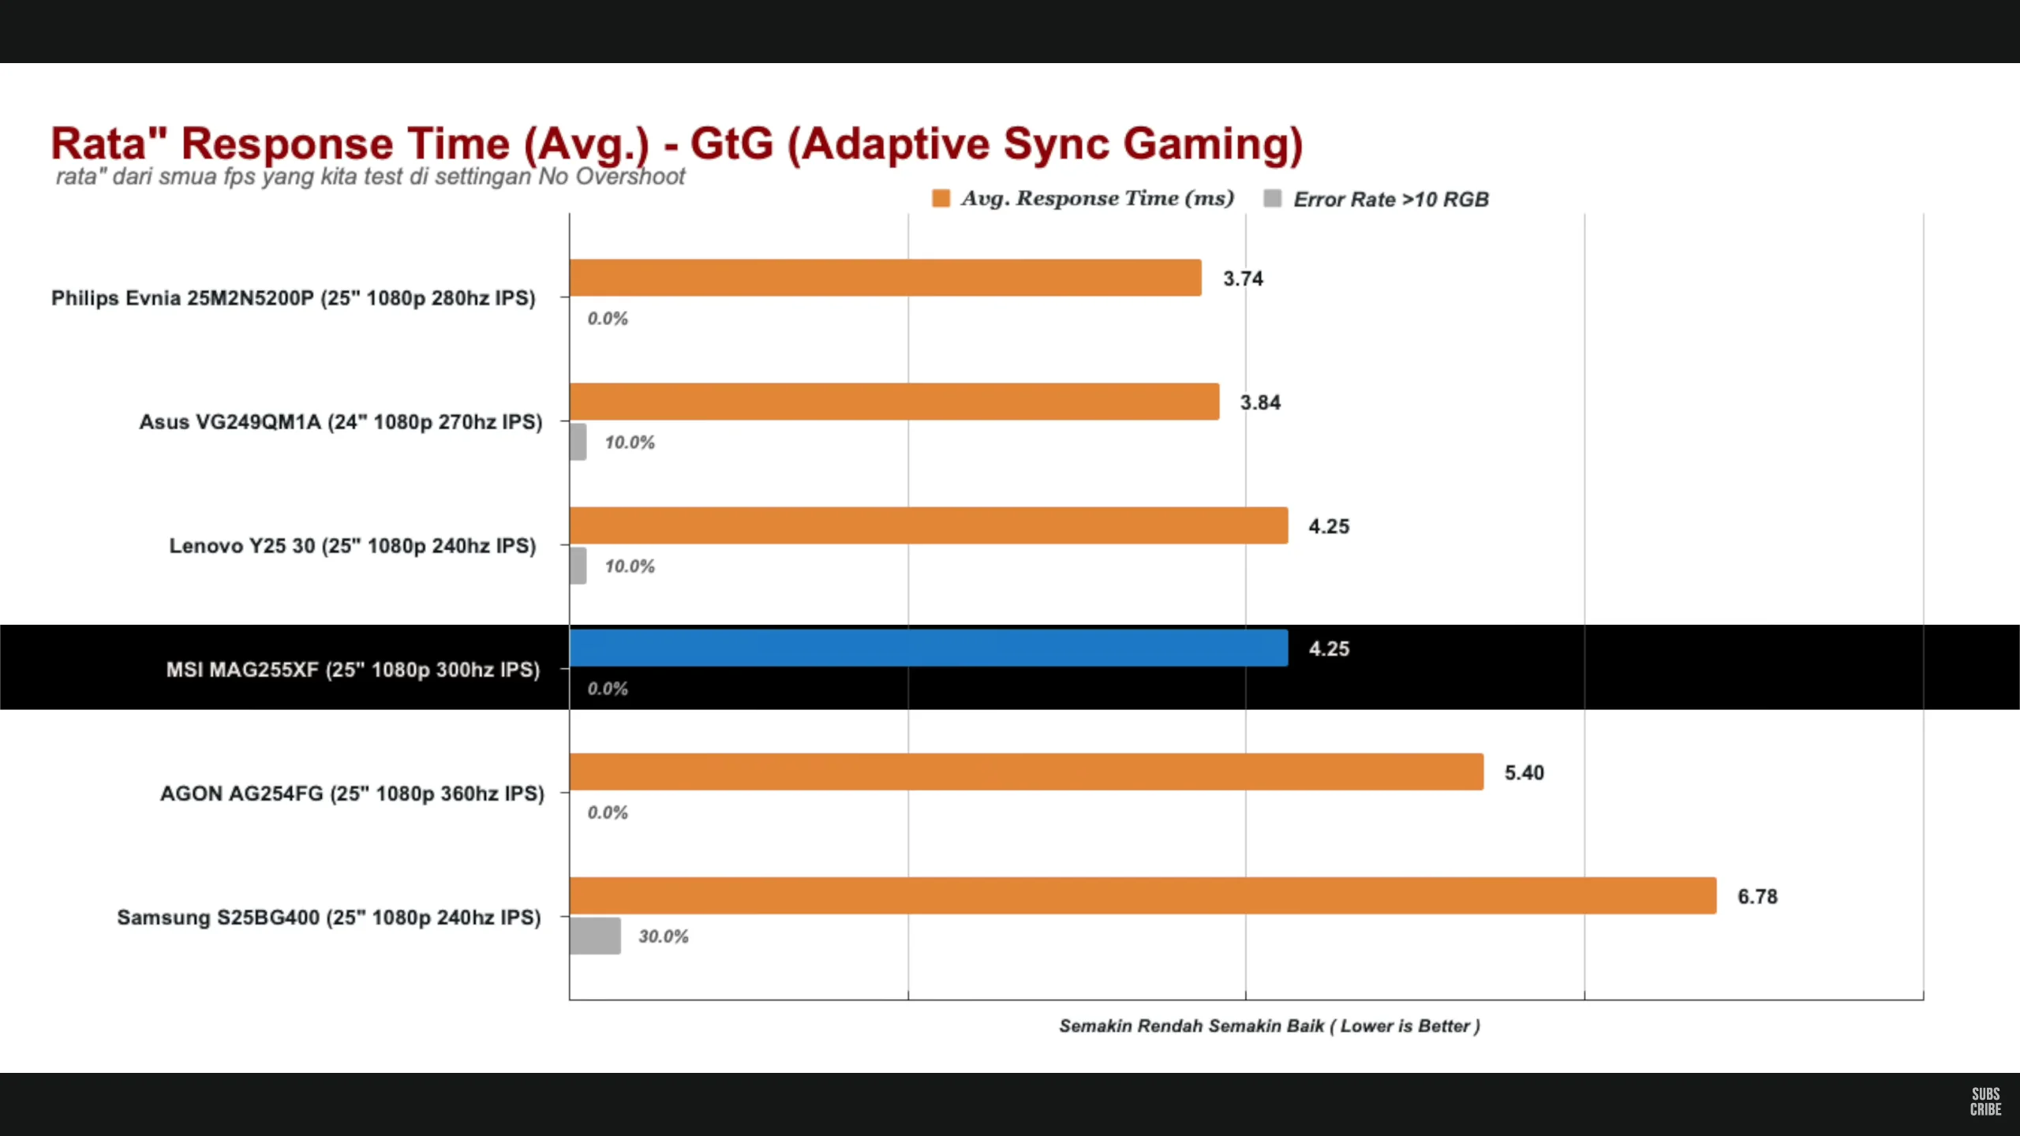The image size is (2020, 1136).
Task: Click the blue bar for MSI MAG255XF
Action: (928, 648)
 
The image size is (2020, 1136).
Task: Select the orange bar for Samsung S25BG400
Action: (1143, 895)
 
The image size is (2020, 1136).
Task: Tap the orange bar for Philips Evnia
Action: (885, 278)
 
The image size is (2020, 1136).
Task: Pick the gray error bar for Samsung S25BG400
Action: (595, 936)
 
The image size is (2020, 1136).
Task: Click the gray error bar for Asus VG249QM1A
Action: (578, 442)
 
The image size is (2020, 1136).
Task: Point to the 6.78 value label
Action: (1757, 896)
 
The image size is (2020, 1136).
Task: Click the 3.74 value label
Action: (1243, 278)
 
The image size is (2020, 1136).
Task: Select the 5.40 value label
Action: (1524, 772)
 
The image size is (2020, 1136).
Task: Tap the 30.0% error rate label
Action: (663, 936)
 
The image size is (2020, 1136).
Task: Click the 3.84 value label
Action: (1260, 402)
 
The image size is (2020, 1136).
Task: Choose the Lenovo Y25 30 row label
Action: (352, 546)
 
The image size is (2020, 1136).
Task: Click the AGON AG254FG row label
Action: (352, 794)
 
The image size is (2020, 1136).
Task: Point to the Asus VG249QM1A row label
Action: (341, 422)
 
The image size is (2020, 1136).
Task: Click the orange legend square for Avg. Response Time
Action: (941, 198)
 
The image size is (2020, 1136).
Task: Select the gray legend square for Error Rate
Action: (1272, 198)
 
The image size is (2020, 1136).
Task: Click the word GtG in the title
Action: (731, 144)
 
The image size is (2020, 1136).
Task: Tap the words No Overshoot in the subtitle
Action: (612, 177)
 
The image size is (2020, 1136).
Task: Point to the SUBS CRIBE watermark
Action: (1985, 1101)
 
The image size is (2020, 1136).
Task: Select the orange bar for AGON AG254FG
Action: (1026, 772)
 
